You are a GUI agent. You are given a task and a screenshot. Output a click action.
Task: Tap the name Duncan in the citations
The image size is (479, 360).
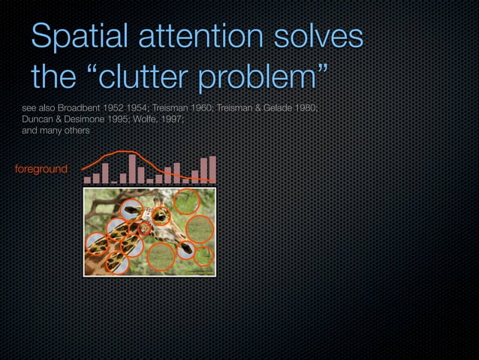pyautogui.click(x=39, y=119)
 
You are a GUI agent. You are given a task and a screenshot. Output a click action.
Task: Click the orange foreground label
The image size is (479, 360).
pyautogui.click(x=41, y=168)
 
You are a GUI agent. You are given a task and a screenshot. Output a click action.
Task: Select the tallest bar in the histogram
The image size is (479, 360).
pyautogui.click(x=132, y=168)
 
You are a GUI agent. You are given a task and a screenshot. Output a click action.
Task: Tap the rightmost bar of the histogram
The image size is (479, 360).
pyautogui.click(x=212, y=169)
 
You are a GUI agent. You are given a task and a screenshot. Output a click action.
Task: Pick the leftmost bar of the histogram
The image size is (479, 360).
pyautogui.click(x=87, y=180)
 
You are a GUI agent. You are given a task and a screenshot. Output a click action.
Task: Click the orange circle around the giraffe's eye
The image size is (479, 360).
pyautogui.click(x=159, y=216)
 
